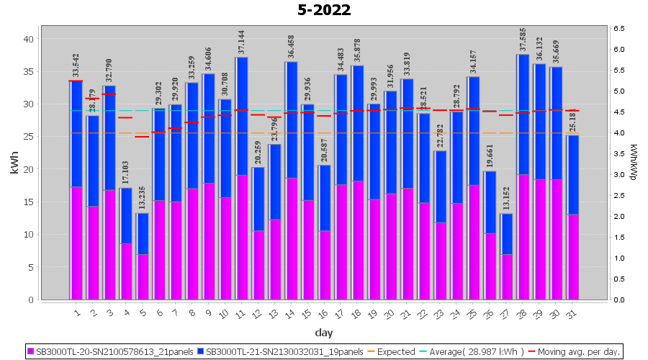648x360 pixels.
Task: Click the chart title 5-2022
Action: tap(324, 10)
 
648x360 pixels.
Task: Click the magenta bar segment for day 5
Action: tap(143, 276)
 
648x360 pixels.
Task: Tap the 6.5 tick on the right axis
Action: tap(619, 28)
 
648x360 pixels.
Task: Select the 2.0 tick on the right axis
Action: tap(619, 216)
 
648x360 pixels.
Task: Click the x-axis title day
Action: tap(324, 333)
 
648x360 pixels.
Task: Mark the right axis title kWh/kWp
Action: tap(634, 163)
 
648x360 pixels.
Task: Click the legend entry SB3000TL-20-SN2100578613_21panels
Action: tap(116, 352)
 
